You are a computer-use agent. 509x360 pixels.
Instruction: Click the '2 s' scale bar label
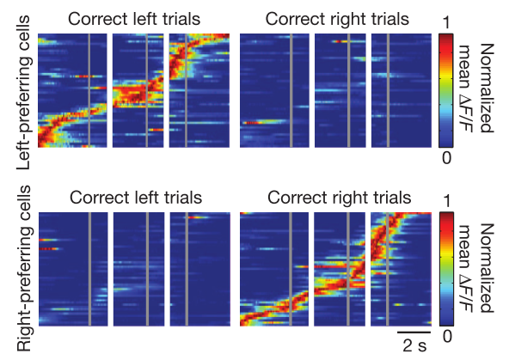[415, 345]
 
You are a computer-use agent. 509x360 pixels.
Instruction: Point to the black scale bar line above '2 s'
[414, 333]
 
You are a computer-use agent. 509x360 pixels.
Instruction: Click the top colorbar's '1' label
[447, 22]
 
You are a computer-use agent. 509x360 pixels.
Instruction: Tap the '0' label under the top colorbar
[447, 157]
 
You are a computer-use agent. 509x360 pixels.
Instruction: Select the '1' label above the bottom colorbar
[447, 201]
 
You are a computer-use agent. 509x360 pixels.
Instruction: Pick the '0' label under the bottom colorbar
[447, 336]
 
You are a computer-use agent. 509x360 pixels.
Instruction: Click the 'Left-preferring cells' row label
[24, 92]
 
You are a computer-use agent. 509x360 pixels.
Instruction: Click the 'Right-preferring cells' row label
[24, 269]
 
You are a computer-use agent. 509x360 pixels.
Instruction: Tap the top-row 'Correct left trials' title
[134, 19]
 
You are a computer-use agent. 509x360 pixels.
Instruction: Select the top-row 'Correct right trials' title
[337, 19]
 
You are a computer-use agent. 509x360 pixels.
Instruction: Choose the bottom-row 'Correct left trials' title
[136, 198]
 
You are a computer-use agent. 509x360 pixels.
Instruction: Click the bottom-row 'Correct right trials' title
[340, 198]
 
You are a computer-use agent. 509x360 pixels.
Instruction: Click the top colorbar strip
[446, 90]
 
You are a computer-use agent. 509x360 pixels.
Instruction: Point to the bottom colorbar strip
[447, 269]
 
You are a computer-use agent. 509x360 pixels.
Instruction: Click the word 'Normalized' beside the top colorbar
[487, 88]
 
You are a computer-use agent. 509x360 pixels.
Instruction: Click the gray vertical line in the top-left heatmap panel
[89, 90]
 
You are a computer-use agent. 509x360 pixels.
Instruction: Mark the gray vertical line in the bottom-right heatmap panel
[387, 269]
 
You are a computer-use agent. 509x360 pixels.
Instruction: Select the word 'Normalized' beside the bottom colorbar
[487, 268]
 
